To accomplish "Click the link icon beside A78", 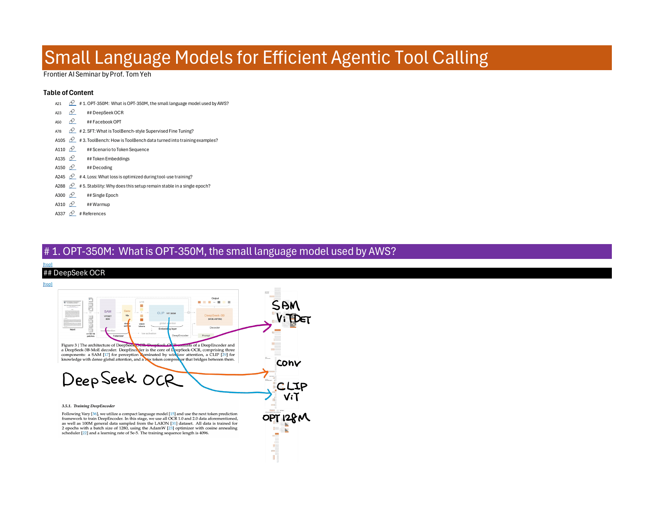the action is pos(72,131).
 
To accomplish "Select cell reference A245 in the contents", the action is pos(60,177).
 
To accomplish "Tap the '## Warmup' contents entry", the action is pos(98,204).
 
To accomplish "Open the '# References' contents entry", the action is pos(93,214).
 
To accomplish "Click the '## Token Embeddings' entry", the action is pos(108,159).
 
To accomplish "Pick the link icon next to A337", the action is pos(72,213).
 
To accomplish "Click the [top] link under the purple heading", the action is pos(48,265).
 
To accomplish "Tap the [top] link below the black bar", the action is pos(48,284).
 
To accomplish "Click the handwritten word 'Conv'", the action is pos(288,363).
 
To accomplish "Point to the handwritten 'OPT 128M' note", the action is pos(286,418).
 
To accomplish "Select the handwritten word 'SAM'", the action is pos(286,305).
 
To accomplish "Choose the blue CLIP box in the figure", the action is pos(166,313).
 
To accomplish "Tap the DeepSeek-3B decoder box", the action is pos(214,317).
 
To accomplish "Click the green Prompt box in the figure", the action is pos(206,335).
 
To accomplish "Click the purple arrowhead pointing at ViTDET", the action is pos(269,326).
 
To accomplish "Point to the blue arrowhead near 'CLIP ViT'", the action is pos(269,394).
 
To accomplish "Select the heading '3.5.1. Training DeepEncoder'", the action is pos(88,406).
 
